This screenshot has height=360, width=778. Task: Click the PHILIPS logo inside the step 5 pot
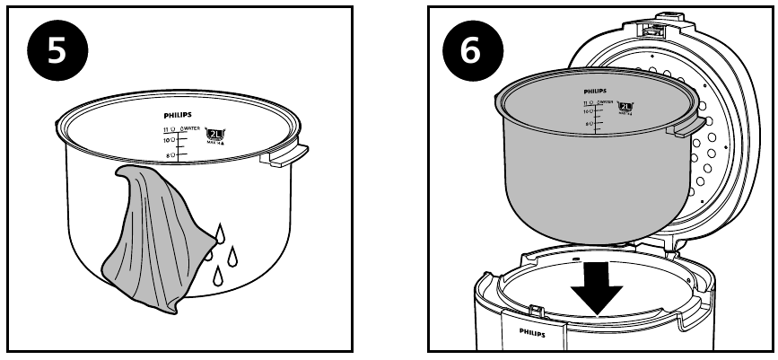pyautogui.click(x=178, y=116)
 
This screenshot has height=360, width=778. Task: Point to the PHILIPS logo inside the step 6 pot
pyautogui.click(x=595, y=92)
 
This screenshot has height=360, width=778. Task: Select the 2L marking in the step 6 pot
pyautogui.click(x=626, y=106)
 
